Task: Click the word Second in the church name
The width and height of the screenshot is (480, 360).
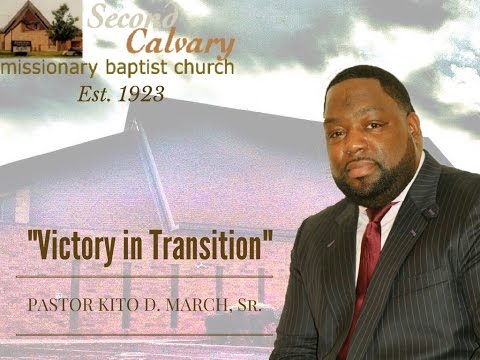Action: [x=133, y=18]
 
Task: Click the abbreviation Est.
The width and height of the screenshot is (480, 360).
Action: [x=95, y=96]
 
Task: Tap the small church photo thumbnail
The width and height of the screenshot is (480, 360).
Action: [x=41, y=27]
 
